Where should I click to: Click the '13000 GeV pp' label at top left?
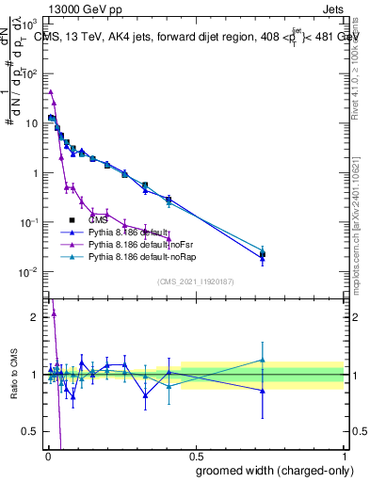[x=47, y=8]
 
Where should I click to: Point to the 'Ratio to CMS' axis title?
[x=13, y=376]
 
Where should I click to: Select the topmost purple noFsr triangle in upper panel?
[x=50, y=91]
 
